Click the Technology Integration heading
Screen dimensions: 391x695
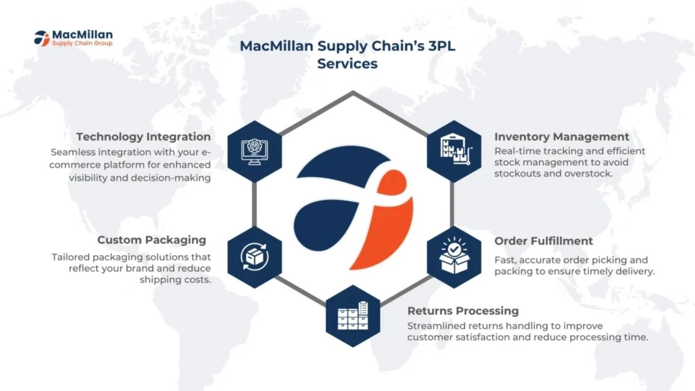pos(143,137)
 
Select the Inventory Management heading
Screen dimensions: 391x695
pos(561,137)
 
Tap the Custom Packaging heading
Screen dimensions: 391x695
pos(151,240)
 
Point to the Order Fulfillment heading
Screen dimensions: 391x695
pos(543,241)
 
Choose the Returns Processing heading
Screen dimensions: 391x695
pos(463,311)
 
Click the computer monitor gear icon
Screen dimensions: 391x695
pos(254,152)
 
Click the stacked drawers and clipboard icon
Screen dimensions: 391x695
pos(353,316)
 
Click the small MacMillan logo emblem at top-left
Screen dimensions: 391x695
pos(42,38)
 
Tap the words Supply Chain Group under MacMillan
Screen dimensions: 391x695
pos(82,43)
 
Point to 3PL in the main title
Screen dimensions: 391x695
pos(442,46)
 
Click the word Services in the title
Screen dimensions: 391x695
pos(347,64)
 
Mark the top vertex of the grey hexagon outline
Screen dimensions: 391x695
pos(353,93)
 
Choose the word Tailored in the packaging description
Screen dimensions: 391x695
pos(71,257)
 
